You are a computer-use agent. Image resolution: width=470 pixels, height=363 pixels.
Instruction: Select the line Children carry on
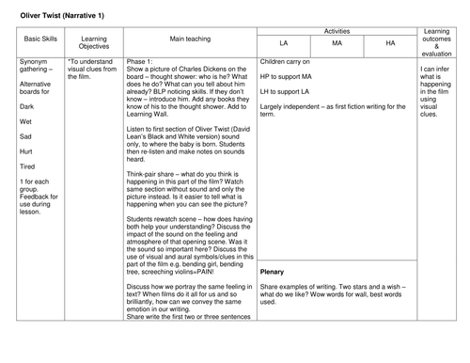click(x=289, y=61)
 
